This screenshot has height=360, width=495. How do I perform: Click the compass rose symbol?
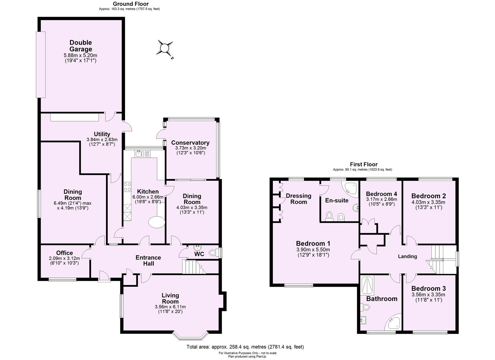tap(165, 48)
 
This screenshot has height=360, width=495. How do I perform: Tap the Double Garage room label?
tap(81, 46)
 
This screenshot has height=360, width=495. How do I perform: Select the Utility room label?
tap(102, 134)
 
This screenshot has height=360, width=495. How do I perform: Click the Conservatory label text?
tap(190, 143)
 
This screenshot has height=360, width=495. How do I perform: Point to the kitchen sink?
tap(140, 153)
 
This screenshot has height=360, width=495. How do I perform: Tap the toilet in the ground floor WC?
tap(212, 253)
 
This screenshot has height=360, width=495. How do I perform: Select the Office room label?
tap(64, 253)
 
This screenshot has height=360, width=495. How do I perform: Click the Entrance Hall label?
tap(148, 260)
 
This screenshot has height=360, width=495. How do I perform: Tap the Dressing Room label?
tap(299, 199)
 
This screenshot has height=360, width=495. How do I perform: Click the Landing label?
tap(408, 256)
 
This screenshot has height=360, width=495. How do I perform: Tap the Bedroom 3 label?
tap(428, 289)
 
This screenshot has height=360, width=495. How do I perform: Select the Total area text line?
tap(245, 347)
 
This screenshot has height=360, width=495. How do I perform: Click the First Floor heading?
tap(364, 164)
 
